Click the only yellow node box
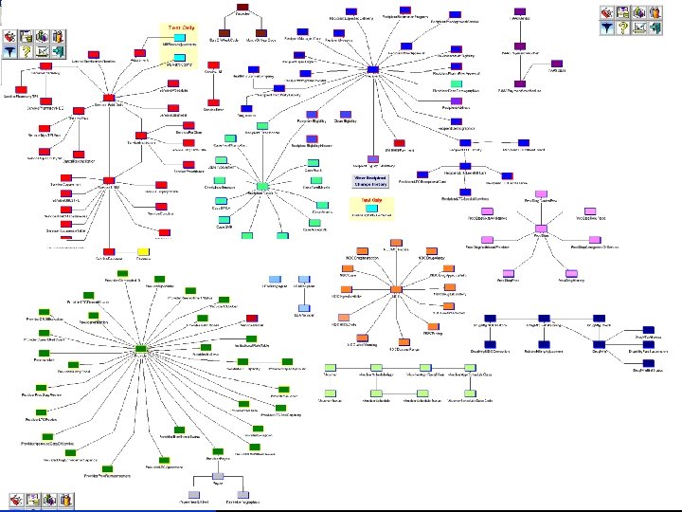coord(144,249)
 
